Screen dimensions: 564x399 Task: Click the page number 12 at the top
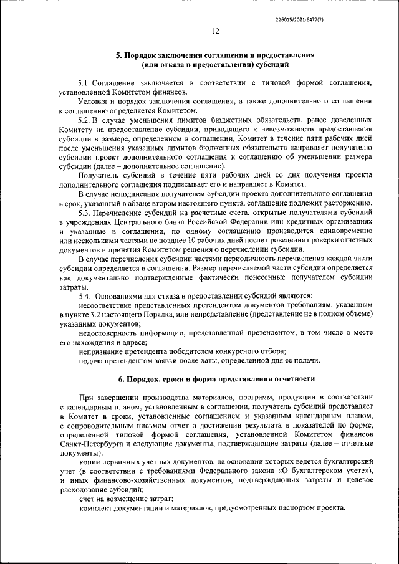pos(216,32)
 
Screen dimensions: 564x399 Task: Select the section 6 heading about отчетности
pos(216,379)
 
